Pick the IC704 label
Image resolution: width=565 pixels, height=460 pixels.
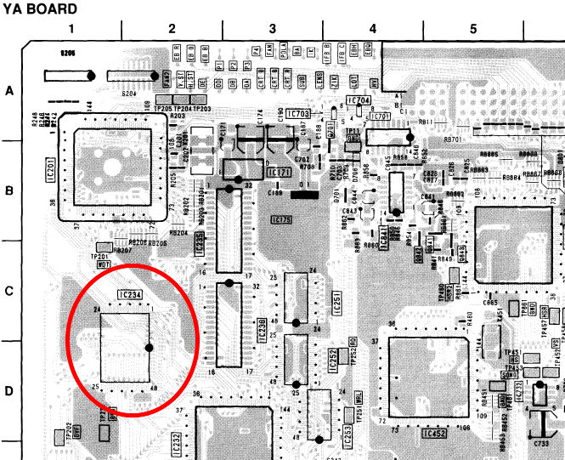click(359, 100)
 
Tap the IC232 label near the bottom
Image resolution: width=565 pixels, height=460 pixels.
click(176, 441)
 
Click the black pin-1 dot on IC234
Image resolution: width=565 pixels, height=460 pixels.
click(149, 347)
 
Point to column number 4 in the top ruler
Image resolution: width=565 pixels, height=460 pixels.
click(372, 29)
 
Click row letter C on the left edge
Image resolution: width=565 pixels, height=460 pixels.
click(10, 291)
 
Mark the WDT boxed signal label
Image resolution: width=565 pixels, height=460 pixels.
click(104, 264)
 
